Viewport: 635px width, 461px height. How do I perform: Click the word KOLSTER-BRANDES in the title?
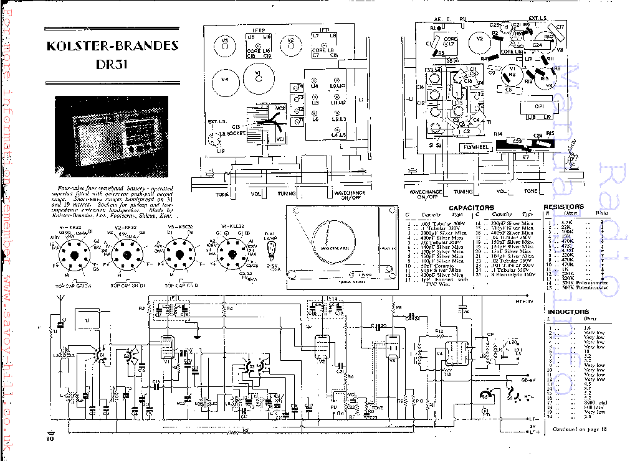[112, 46]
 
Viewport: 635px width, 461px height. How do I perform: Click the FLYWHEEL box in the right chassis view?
[475, 147]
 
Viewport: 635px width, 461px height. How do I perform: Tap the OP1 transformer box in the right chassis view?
[540, 106]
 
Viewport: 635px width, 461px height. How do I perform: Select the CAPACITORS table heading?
[471, 207]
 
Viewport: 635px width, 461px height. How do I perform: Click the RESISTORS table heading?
[563, 207]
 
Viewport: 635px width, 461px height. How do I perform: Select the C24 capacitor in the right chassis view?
[537, 45]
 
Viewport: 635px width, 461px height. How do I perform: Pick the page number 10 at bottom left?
[50, 439]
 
